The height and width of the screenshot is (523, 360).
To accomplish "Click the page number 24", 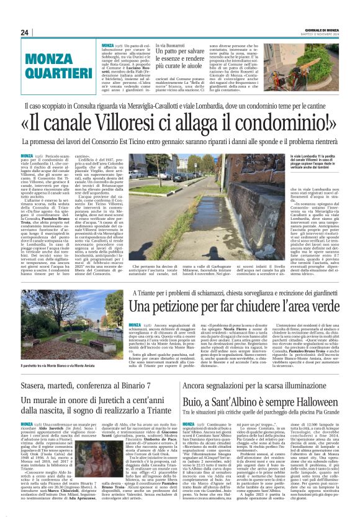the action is pos(25,32).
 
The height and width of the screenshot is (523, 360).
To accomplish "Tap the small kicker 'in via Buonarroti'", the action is pos(172,45).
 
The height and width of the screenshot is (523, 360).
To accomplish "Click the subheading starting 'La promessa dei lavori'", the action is pos(180,142).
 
